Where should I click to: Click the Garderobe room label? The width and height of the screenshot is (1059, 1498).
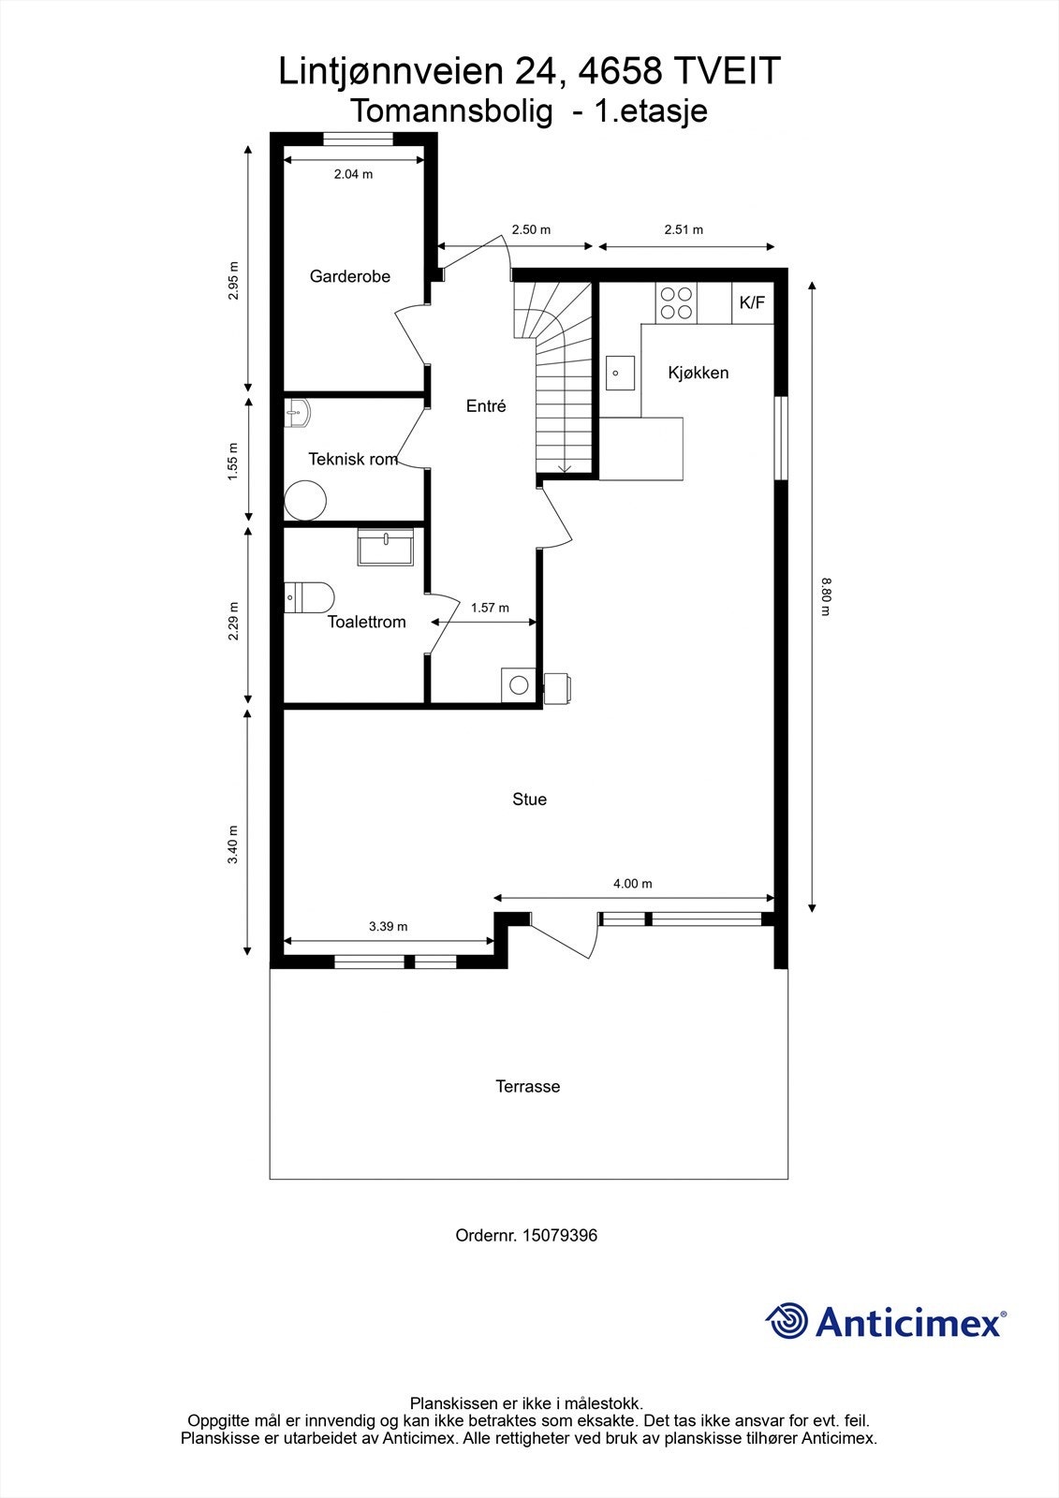point(349,276)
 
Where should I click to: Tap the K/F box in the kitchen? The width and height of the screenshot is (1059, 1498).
point(752,302)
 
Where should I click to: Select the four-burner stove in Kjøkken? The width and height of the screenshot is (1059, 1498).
point(677,302)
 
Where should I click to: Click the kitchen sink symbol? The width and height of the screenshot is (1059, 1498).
point(618,373)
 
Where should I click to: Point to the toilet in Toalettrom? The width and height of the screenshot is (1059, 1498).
point(309,597)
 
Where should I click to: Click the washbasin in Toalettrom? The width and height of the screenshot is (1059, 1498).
point(385,546)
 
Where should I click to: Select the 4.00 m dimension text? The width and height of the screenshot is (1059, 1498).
point(632,883)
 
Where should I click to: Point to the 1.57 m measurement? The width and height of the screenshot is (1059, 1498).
point(490,608)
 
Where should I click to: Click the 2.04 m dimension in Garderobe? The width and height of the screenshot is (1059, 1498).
point(353,174)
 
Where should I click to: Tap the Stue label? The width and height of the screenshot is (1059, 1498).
point(529,799)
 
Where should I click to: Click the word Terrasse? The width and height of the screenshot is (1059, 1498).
point(527,1086)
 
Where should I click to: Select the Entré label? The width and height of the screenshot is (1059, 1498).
point(486,405)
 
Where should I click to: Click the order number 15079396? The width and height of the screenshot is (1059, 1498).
point(559,1235)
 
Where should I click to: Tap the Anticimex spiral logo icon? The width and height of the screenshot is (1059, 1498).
point(787,1321)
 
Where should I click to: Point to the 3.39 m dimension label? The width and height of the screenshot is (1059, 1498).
point(388,926)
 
